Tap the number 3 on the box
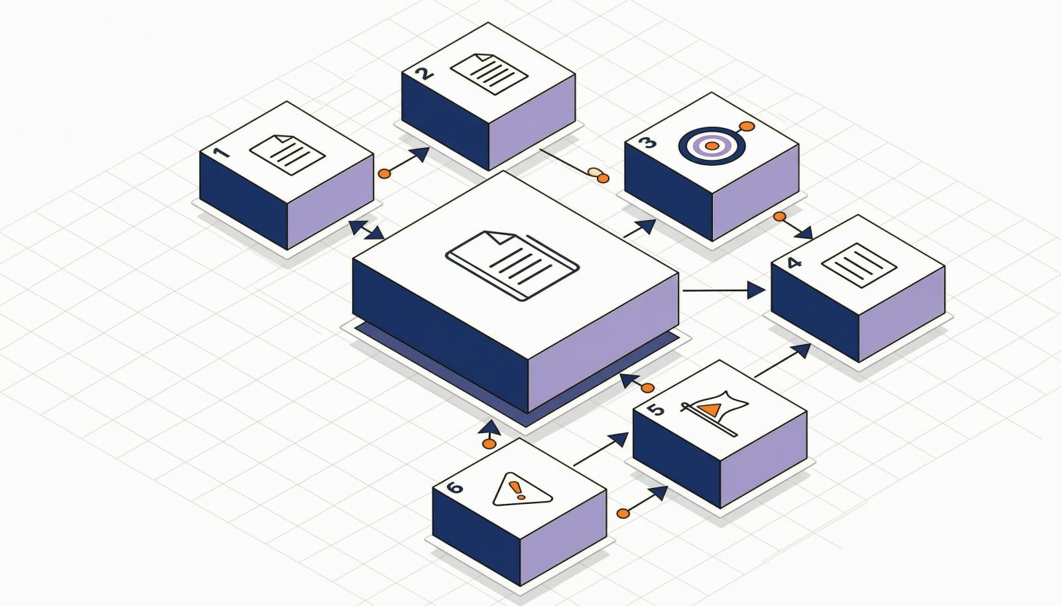point(647,143)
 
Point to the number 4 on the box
point(794,263)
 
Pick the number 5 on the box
point(656,409)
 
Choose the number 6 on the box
point(454,487)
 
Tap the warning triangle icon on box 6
point(522,489)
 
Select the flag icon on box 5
point(714,413)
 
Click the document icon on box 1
point(287,154)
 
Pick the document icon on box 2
point(489,74)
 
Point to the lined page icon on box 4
point(859,266)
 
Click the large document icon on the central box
point(512,266)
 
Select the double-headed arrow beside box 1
point(367,229)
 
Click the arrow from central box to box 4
point(723,290)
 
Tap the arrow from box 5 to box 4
point(782,360)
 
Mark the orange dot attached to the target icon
point(747,127)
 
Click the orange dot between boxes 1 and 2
point(385,173)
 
